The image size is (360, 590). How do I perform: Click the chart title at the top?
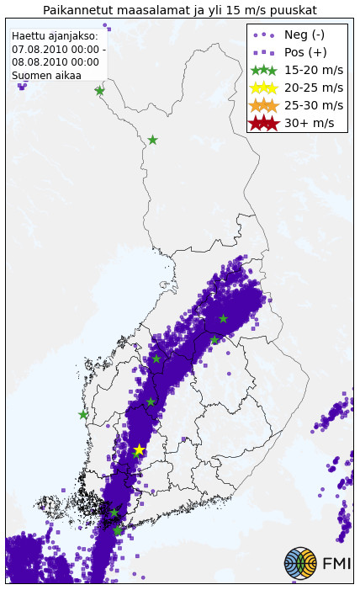pos(180,10)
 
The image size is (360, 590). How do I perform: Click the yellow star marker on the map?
pos(139,450)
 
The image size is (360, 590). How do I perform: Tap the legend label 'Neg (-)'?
pos(304,35)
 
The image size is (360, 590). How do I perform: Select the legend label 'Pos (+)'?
pos(305,52)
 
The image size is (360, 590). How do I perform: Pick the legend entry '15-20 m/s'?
pos(314,70)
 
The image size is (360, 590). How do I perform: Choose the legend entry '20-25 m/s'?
pos(314,88)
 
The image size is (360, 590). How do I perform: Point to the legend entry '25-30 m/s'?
pos(314,105)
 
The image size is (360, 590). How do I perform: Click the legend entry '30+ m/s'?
pos(310,123)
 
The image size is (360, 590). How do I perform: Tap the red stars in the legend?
pos(264,123)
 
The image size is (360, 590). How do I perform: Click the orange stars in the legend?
pos(264,105)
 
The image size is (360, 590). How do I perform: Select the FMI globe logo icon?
pos(300,563)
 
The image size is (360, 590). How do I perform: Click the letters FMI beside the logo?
pos(336,563)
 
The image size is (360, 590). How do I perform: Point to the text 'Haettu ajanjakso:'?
pos(55,36)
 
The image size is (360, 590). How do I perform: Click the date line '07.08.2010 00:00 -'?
pos(59,50)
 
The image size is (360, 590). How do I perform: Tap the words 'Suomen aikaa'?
pos(46,76)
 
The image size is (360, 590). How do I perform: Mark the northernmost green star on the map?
pos(99,90)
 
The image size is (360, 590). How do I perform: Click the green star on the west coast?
pos(83,414)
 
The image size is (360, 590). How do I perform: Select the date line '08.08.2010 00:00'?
pos(55,62)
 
